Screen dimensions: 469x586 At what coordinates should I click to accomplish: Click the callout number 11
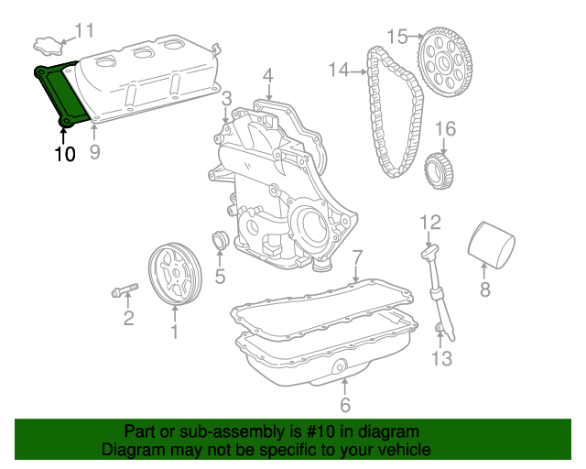pos(84,31)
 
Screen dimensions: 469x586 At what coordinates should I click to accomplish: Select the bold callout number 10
pos(64,154)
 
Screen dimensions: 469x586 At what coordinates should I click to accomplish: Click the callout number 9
pos(94,152)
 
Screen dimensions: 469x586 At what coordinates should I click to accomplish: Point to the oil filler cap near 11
pos(47,43)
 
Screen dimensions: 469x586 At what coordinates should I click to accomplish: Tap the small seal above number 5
pos(220,242)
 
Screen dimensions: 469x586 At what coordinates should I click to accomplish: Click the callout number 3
pos(226,98)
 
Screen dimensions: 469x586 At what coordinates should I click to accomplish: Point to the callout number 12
pos(430,222)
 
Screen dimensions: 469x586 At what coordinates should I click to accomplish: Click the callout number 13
pos(441,358)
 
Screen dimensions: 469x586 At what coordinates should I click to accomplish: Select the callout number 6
pos(344,405)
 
